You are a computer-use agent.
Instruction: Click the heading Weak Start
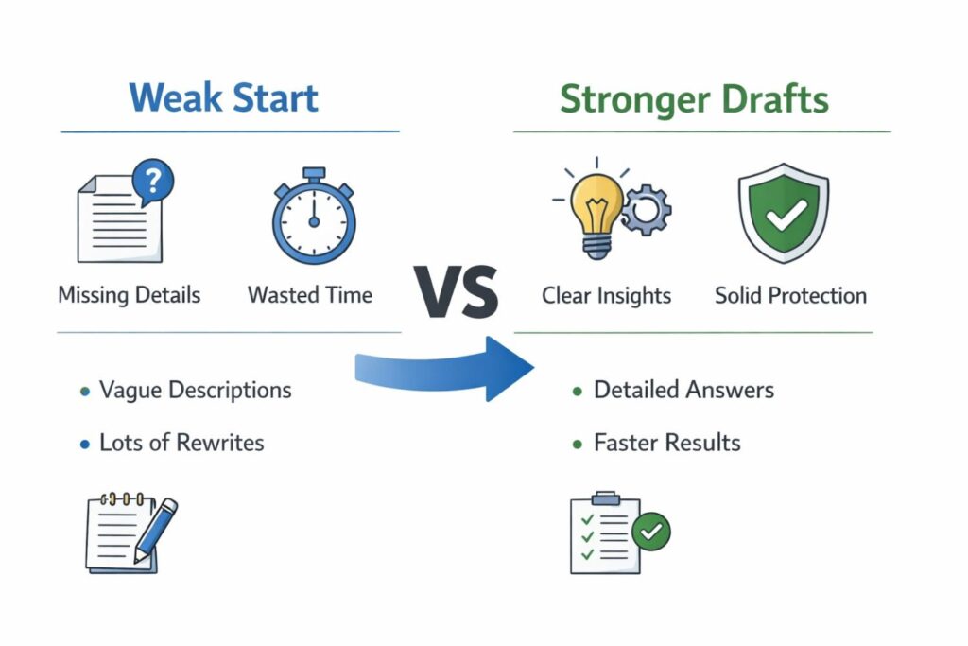point(223,98)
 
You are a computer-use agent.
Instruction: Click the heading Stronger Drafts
point(694,98)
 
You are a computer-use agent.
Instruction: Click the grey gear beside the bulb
point(646,211)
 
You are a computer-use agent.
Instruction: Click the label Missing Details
point(130,295)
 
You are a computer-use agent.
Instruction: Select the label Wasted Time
point(310,295)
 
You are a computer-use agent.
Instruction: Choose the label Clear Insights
point(606,296)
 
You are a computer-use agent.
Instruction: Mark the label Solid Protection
point(790,296)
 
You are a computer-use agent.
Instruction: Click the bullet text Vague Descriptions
point(195,390)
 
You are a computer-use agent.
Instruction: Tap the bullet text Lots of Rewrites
point(181,442)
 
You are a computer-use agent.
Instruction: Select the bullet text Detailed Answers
point(683,390)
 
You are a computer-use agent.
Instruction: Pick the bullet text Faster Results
point(666,442)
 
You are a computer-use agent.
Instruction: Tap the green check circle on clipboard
point(650,533)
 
